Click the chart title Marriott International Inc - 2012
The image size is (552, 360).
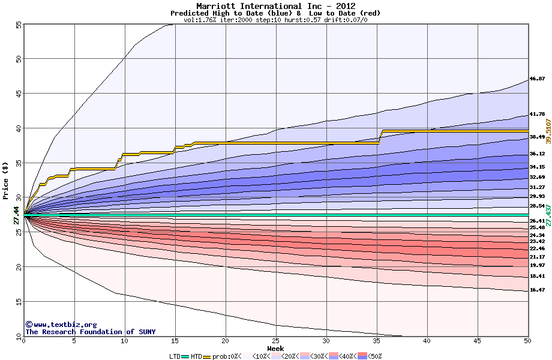[x=275, y=6]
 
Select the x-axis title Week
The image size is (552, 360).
[x=275, y=348]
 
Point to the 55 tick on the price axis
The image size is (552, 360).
[x=18, y=25]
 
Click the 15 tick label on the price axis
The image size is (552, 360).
[x=18, y=301]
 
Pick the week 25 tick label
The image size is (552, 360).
[x=275, y=341]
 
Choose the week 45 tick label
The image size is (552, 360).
[x=478, y=341]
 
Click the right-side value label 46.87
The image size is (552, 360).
[x=537, y=79]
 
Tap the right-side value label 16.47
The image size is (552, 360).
[x=537, y=290]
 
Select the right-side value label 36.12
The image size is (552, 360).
[x=537, y=154]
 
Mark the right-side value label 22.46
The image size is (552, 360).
[x=537, y=248]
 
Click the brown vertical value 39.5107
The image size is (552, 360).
[x=547, y=131]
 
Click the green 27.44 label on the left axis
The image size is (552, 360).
[x=16, y=215]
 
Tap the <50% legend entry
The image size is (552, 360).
[x=373, y=356]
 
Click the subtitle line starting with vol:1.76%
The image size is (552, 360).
[x=275, y=19]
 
